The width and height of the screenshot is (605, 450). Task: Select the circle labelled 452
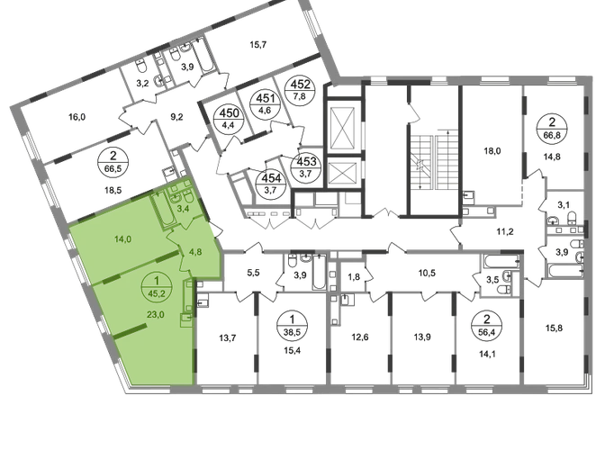[300, 89]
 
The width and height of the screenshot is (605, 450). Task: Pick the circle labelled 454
[271, 184]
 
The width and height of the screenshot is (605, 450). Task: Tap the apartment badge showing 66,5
[113, 162]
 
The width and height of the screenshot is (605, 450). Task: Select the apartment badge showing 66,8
[552, 129]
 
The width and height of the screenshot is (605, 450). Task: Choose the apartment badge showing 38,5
[292, 325]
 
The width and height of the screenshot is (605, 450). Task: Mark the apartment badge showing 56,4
[487, 325]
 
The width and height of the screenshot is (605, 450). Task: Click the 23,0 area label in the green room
[156, 315]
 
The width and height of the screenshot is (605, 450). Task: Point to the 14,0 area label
[122, 239]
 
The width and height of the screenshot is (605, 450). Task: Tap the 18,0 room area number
[492, 151]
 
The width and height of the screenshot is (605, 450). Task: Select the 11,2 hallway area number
[505, 231]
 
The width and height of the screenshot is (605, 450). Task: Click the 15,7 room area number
[258, 45]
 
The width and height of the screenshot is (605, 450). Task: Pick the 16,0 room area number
[77, 116]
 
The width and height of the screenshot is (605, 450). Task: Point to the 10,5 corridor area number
[427, 273]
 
